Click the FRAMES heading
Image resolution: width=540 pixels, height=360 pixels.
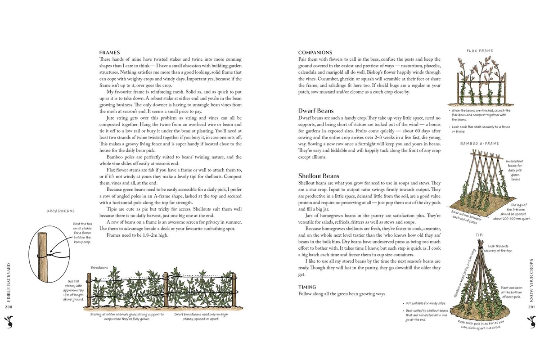click(109, 53)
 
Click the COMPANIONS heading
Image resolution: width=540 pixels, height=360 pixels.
click(315, 53)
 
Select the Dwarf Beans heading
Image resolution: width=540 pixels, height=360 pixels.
click(315, 111)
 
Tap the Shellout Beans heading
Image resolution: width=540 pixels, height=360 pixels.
click(319, 176)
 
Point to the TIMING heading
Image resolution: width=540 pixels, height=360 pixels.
click(308, 287)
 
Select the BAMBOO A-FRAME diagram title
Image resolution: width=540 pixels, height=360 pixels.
click(479, 144)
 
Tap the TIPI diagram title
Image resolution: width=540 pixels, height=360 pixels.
click(479, 235)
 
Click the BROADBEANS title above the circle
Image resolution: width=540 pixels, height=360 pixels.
click(60, 211)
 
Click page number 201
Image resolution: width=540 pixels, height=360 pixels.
click(531, 307)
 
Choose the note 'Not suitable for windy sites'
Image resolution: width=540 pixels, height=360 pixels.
click(426, 303)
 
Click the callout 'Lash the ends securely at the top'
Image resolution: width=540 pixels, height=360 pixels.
click(500, 249)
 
